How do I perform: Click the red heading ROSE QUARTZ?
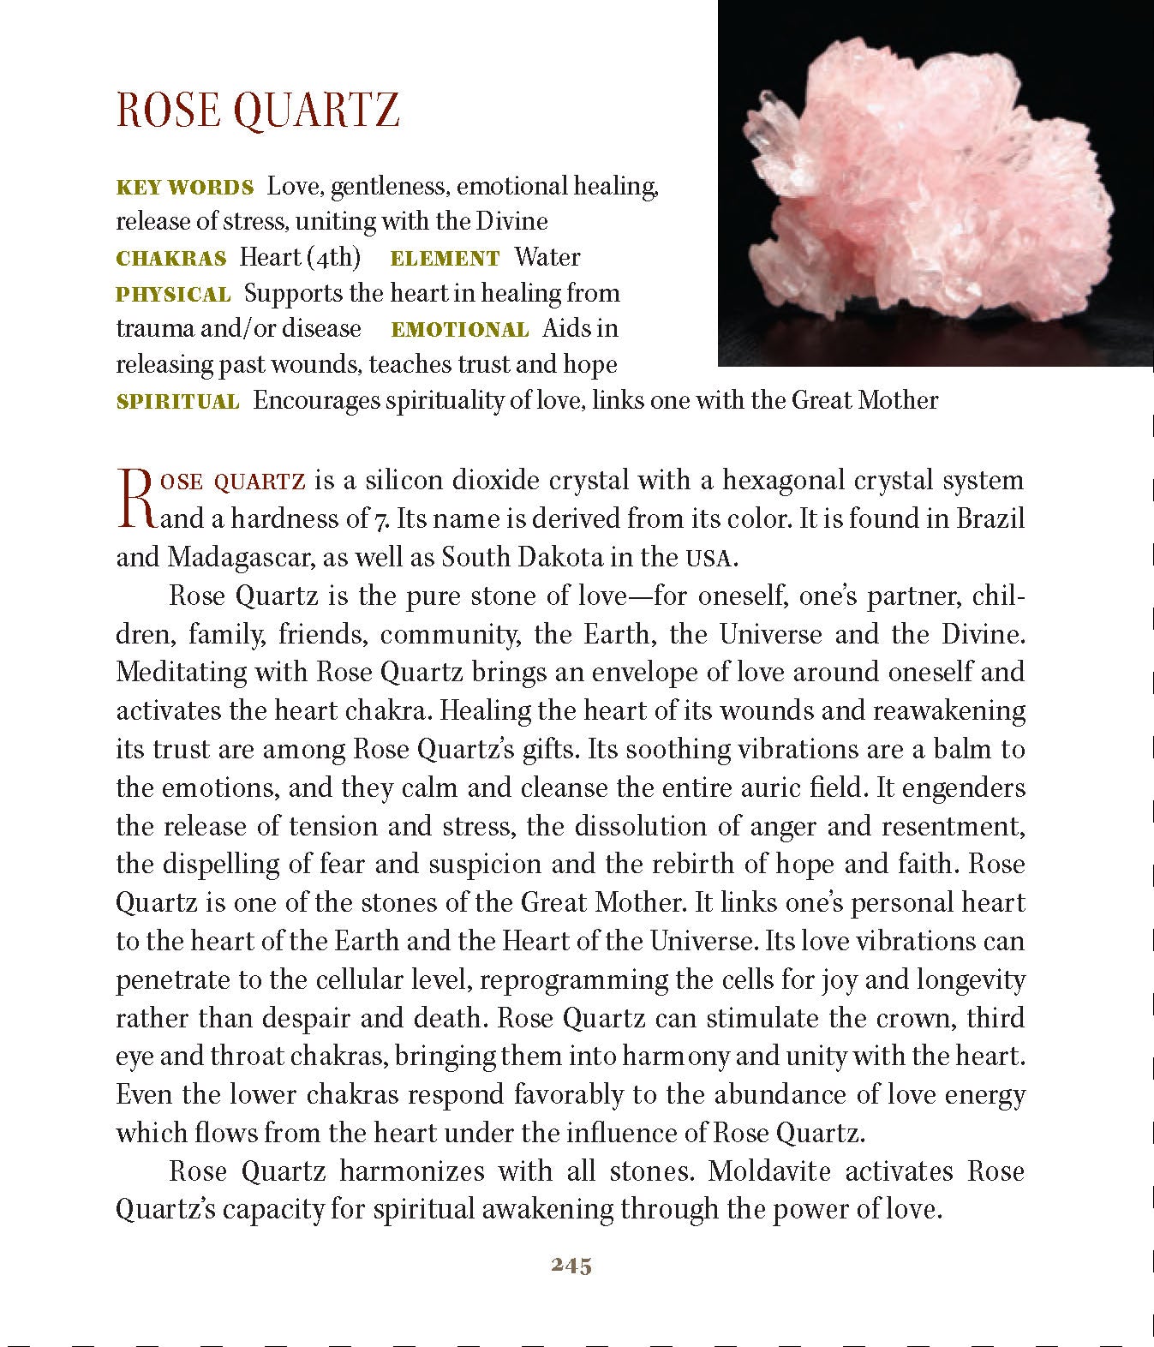click(258, 110)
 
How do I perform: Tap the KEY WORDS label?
click(185, 187)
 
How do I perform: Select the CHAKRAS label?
click(171, 258)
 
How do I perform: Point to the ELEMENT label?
click(445, 258)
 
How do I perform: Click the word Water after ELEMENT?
click(547, 257)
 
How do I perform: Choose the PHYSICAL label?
click(173, 294)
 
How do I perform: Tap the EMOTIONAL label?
click(460, 330)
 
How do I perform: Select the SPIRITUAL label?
click(178, 401)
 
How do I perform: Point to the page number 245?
click(571, 1266)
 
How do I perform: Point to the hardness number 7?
click(381, 519)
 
